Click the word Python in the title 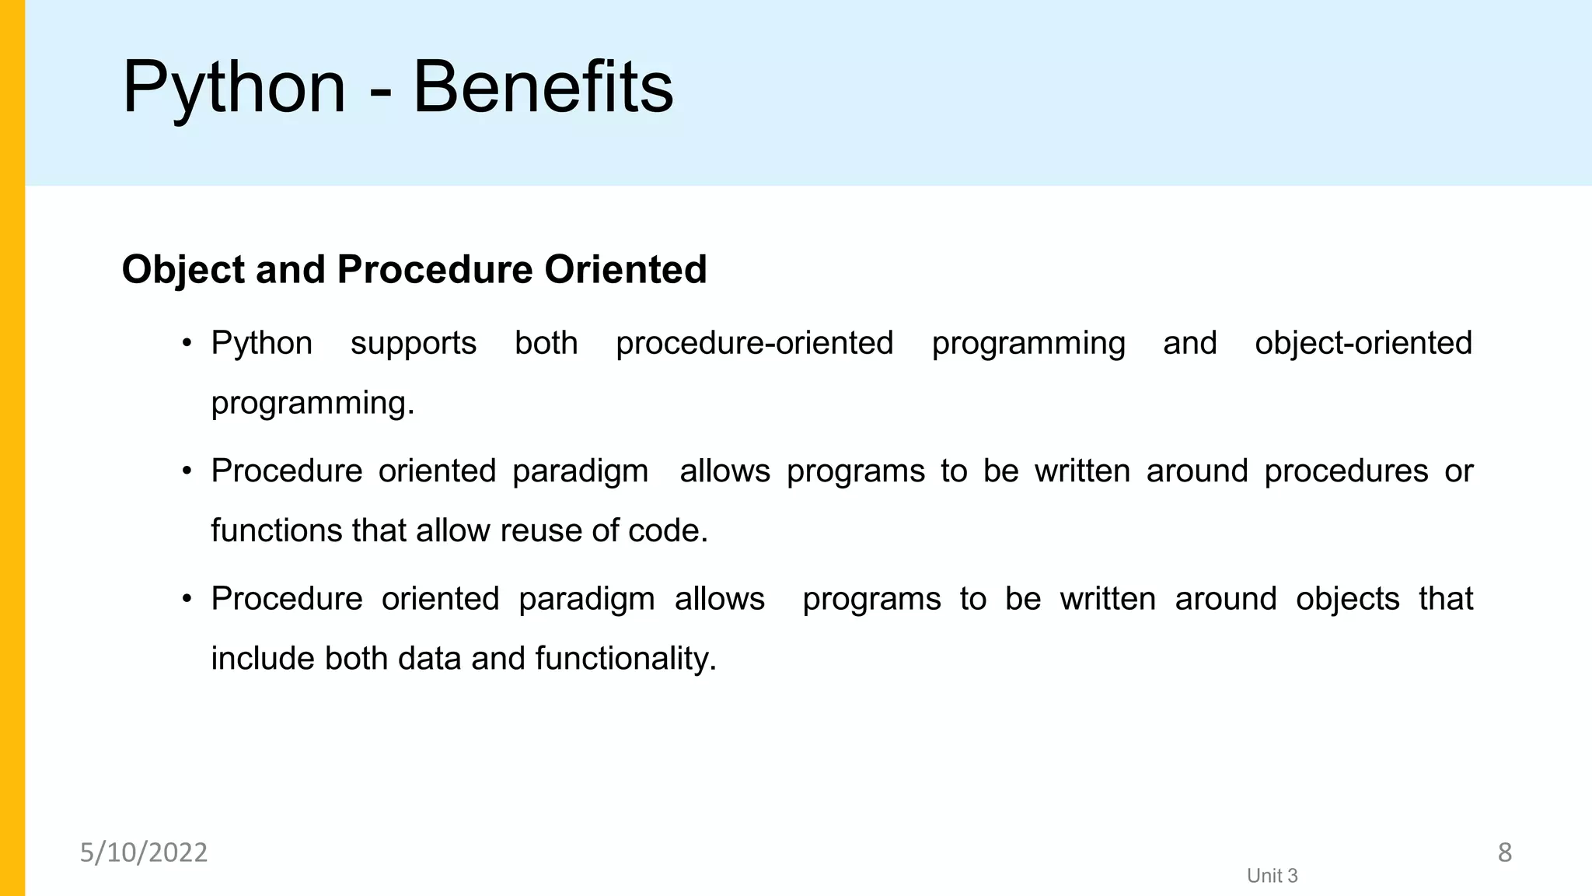tap(233, 89)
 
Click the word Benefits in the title tap(543, 87)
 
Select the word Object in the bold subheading tap(183, 270)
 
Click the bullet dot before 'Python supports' tap(187, 343)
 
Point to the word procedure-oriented tap(754, 343)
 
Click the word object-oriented tap(1363, 343)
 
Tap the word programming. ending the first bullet tap(312, 404)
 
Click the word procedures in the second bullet tap(1346, 471)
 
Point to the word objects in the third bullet tap(1347, 599)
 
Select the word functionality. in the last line tap(625, 658)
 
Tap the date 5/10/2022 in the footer tap(144, 852)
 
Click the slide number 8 tap(1504, 852)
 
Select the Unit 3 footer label tap(1272, 876)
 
